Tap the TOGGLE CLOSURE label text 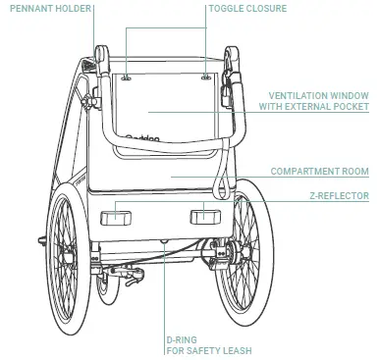[x=248, y=8]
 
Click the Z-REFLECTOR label [x=339, y=196]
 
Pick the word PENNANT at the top [x=27, y=8]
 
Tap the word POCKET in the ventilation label [x=351, y=106]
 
